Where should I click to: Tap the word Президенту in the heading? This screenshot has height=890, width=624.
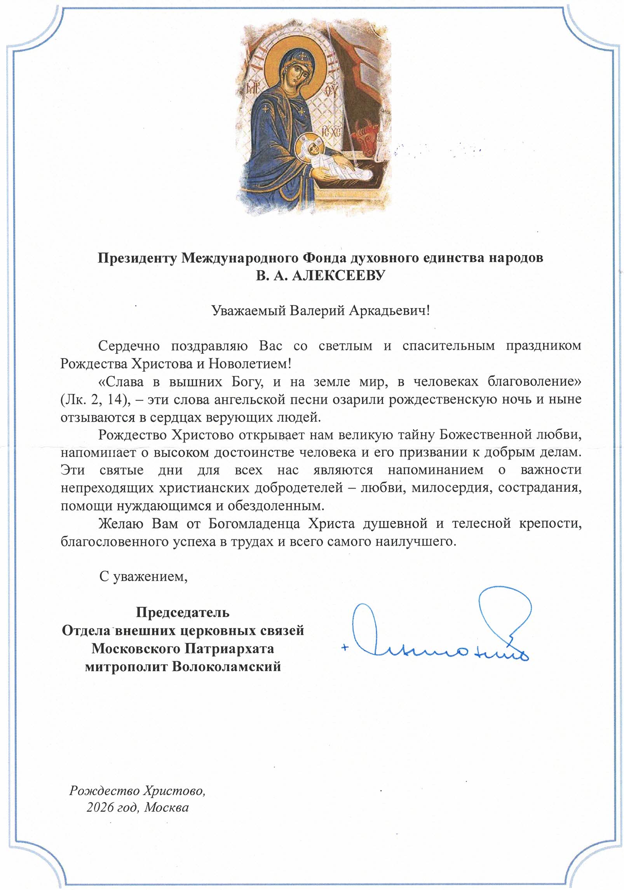[x=138, y=258]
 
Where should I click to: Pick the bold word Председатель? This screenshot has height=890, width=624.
[x=183, y=613]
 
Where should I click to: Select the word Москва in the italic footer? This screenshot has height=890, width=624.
[x=166, y=808]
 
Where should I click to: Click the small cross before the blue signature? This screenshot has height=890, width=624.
[x=344, y=648]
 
